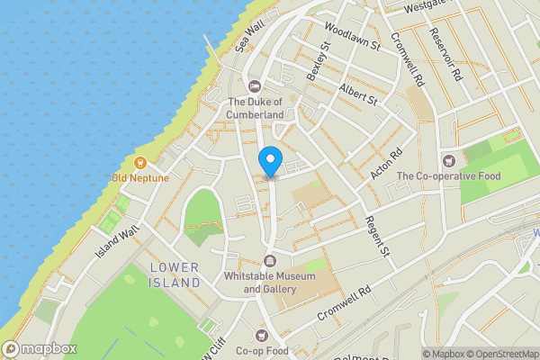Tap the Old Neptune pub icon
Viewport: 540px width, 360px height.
pyautogui.click(x=140, y=163)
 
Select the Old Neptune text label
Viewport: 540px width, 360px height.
pyautogui.click(x=139, y=177)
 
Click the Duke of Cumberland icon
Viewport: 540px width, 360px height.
pyautogui.click(x=255, y=86)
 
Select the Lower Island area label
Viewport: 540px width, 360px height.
pyautogui.click(x=175, y=274)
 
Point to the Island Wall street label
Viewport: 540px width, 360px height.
pyautogui.click(x=118, y=241)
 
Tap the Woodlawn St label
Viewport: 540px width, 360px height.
pyautogui.click(x=355, y=36)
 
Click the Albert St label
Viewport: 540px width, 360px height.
pyautogui.click(x=358, y=94)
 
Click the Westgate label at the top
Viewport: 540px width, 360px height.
pyautogui.click(x=425, y=7)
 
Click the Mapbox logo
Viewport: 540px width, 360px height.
pyautogui.click(x=39, y=348)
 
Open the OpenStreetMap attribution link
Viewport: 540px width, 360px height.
pyautogui.click(x=506, y=353)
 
